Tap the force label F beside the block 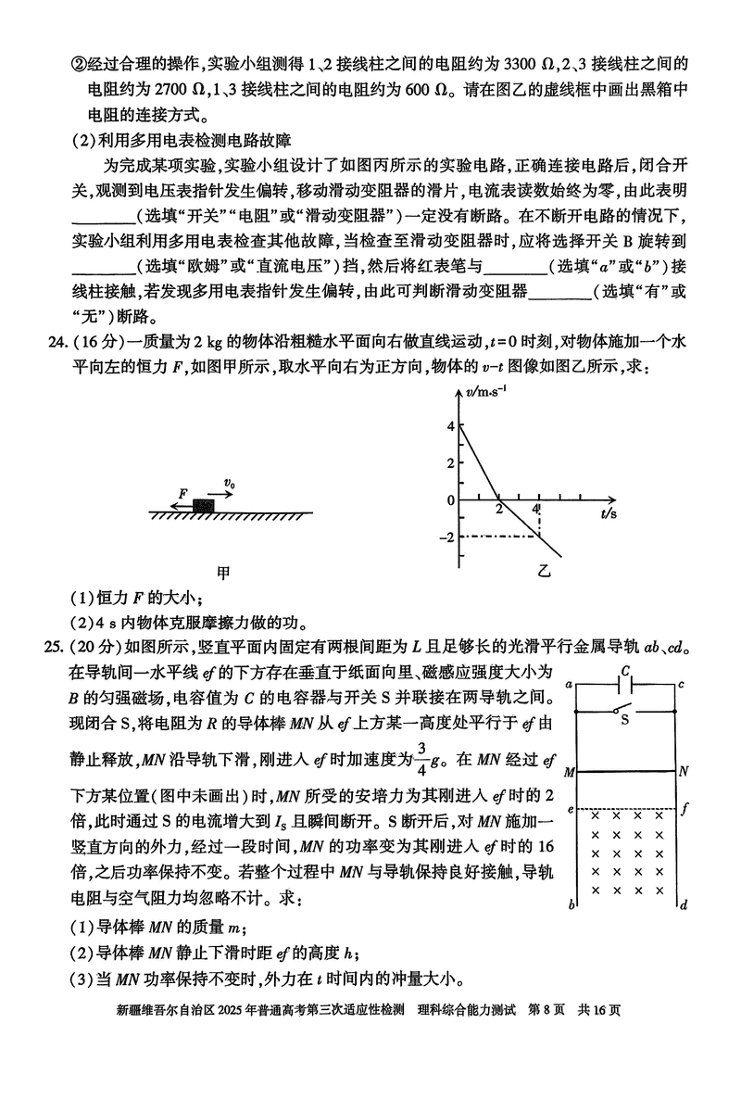[x=183, y=493]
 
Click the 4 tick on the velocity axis [x=451, y=426]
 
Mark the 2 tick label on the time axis [x=499, y=510]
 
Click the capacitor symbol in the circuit [x=626, y=685]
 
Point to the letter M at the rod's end [x=568, y=771]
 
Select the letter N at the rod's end [x=684, y=770]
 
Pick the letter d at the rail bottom [x=683, y=904]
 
